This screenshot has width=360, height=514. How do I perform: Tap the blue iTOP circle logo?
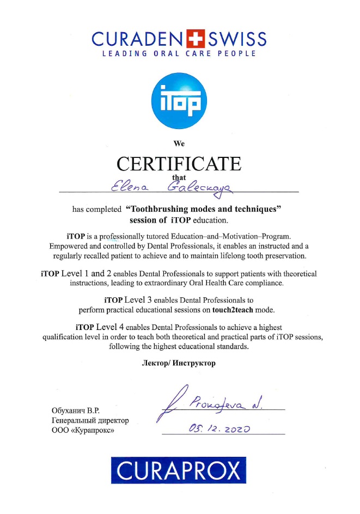(179, 101)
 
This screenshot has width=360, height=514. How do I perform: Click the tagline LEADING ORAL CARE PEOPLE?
(179, 53)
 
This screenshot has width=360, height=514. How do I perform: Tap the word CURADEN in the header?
(138, 39)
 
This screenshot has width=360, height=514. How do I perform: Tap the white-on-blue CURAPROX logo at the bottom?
(179, 470)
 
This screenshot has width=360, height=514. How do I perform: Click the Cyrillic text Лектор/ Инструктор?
(179, 363)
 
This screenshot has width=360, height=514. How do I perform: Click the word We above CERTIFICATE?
(179, 144)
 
